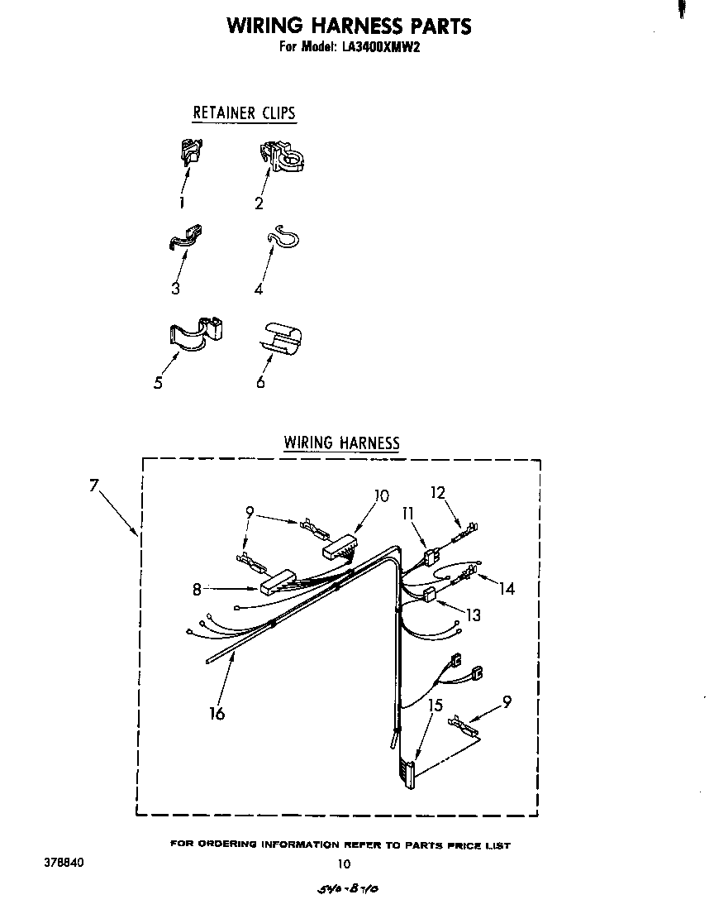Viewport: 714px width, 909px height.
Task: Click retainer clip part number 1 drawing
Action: click(x=191, y=151)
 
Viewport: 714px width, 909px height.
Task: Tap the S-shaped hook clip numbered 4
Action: click(x=187, y=238)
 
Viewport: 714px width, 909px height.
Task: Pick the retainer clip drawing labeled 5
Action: click(x=283, y=237)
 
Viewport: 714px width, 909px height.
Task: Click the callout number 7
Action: click(x=95, y=486)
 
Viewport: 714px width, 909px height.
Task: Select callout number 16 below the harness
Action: click(x=217, y=713)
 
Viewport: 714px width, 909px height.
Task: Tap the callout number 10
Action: click(x=380, y=495)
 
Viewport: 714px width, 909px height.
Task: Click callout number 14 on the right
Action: click(x=507, y=588)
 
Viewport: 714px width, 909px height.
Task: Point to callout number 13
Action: click(x=473, y=615)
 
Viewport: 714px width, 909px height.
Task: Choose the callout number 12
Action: click(x=438, y=492)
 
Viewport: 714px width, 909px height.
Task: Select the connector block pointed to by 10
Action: click(x=339, y=547)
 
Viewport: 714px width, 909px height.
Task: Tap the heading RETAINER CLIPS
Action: click(x=244, y=112)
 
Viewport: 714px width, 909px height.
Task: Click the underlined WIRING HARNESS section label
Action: click(x=341, y=443)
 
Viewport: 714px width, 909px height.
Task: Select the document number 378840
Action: click(x=63, y=862)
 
